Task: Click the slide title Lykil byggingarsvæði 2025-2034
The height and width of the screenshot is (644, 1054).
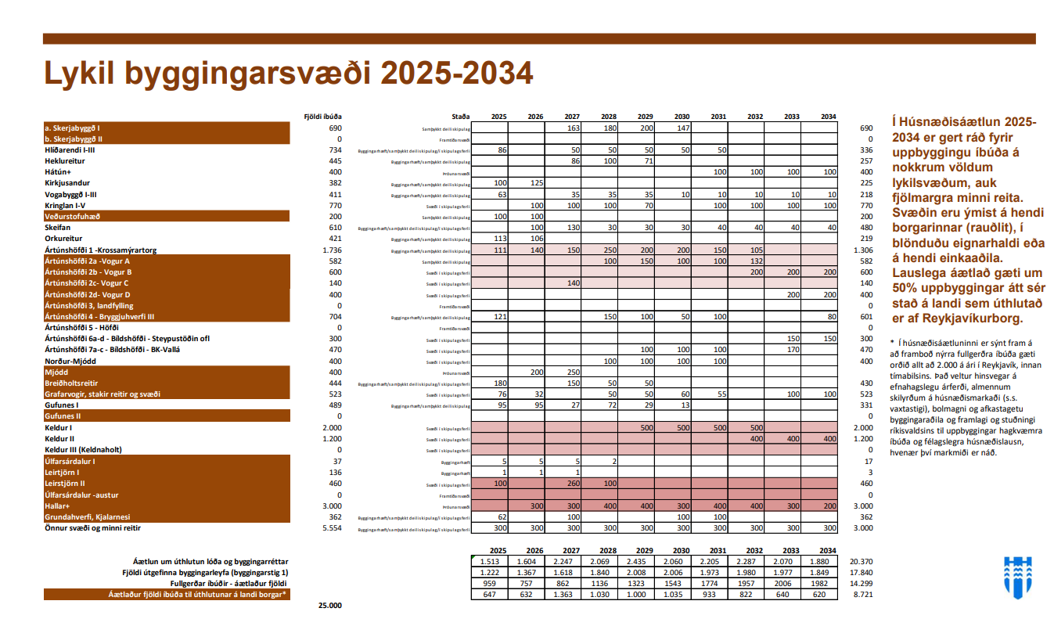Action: tap(288, 73)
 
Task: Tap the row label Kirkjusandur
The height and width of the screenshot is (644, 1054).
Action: tap(68, 182)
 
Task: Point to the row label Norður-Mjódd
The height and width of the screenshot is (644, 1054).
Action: tap(70, 361)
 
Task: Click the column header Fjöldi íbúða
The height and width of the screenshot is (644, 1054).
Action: tap(323, 117)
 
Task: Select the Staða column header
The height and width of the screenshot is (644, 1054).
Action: tap(461, 117)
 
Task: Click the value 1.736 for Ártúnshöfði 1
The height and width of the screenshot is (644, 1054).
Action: tap(333, 250)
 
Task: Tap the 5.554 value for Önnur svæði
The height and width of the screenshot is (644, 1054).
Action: tap(333, 528)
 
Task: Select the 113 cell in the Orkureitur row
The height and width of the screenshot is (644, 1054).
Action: tap(498, 239)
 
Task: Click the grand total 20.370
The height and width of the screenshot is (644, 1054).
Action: tap(860, 562)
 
